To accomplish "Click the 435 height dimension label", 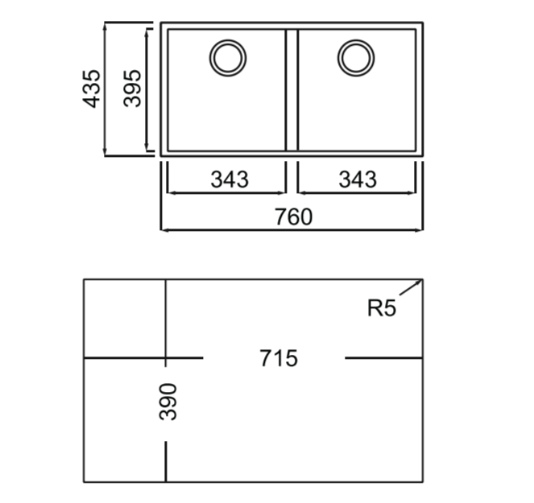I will point(92,89).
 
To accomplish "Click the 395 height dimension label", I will point(132,89).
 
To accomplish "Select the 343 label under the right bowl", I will point(357,179).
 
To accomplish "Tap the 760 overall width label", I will point(292,216).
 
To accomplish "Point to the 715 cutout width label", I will point(279,357).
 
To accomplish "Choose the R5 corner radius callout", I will point(382,307).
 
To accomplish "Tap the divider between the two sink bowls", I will point(292,89).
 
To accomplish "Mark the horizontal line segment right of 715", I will point(383,357).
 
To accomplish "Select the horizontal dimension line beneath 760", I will point(292,230).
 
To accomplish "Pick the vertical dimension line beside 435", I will point(106,89).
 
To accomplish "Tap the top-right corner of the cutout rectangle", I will point(423,279).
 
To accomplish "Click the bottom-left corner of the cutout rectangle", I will point(85,482).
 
